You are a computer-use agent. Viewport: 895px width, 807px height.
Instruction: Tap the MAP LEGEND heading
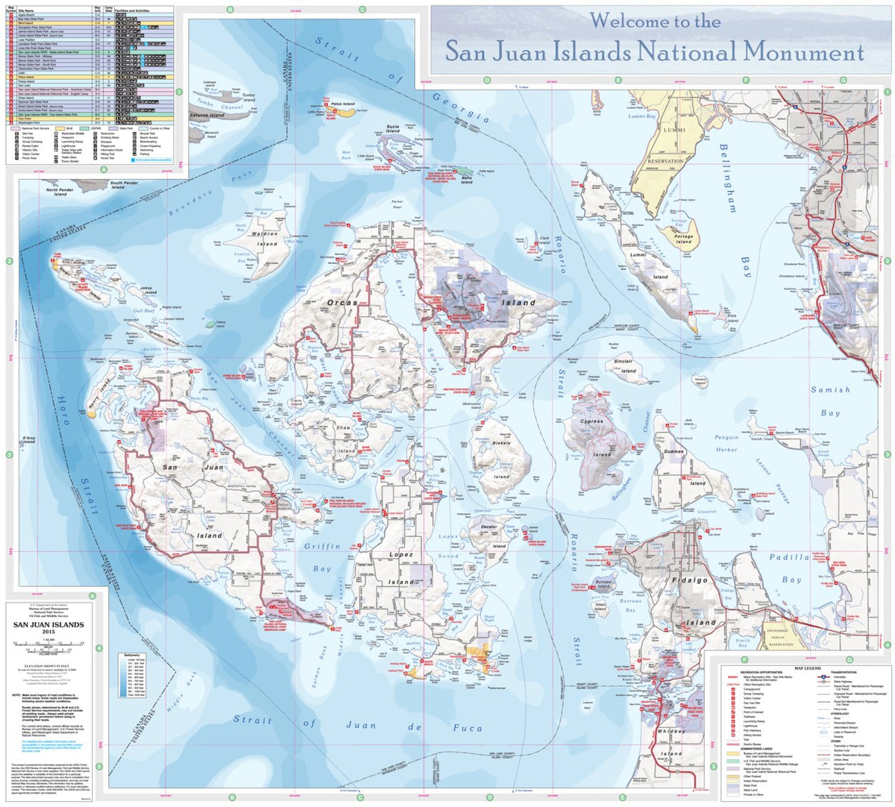click(807, 668)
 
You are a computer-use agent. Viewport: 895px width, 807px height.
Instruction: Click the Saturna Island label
click(207, 116)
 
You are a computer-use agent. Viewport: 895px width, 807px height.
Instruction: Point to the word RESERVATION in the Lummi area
click(665, 161)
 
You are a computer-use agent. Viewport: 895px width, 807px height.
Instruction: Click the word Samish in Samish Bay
click(830, 389)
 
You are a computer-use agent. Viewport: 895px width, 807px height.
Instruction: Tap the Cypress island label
click(591, 421)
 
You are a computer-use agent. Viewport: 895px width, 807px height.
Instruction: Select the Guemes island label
click(672, 452)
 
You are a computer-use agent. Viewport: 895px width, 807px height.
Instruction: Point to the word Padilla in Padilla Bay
click(789, 557)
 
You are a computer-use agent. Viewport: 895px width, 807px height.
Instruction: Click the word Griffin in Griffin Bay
click(322, 546)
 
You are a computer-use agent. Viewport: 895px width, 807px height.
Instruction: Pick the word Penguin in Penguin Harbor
click(726, 438)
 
